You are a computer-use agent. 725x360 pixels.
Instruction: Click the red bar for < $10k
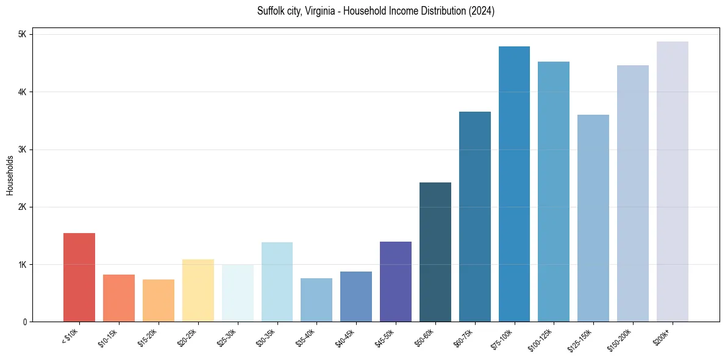79,278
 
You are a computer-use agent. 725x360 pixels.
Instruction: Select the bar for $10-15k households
119,298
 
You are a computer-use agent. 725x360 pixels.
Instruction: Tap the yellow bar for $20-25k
198,290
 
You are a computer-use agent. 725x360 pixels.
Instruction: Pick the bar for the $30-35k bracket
277,282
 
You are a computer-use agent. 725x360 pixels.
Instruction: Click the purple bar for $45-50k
396,282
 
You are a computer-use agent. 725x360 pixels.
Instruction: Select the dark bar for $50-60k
435,252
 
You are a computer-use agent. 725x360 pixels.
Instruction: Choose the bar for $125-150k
593,218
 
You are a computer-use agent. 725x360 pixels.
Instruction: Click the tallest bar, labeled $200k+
673,182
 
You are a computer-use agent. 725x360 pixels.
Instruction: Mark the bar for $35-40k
316,300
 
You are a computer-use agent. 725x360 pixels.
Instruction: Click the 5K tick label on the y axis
22,34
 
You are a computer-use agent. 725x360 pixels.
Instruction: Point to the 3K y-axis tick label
22,149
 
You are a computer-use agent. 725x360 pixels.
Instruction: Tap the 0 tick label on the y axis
24,322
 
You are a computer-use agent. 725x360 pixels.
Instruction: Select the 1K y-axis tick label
22,265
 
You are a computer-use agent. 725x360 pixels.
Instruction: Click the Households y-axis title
10,175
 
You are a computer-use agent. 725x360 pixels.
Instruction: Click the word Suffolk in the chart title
271,11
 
